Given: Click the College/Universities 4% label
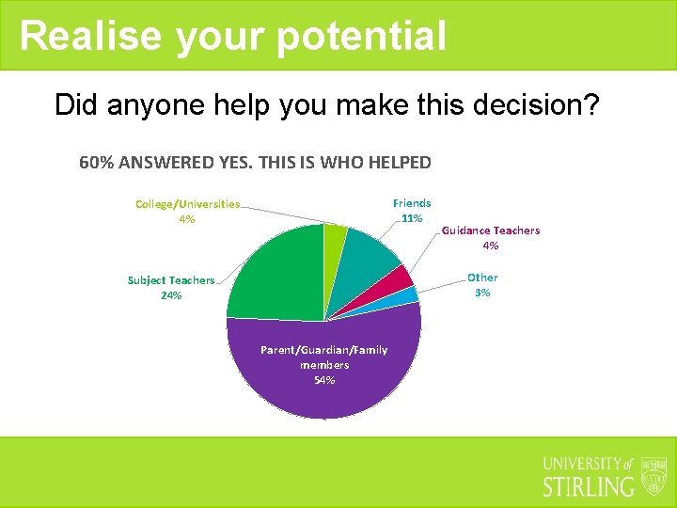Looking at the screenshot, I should tap(187, 211).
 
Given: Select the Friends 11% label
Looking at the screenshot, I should tap(412, 210).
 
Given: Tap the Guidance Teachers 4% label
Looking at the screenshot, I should tap(490, 237).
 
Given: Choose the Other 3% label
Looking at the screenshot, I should tap(482, 284).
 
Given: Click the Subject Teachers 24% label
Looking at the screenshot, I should tap(171, 287).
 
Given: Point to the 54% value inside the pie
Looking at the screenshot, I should tap(323, 380).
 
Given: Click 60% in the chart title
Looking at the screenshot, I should tap(96, 162).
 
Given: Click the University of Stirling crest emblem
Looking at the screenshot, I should tap(653, 476).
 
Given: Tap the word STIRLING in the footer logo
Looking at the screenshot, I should tap(590, 486).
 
